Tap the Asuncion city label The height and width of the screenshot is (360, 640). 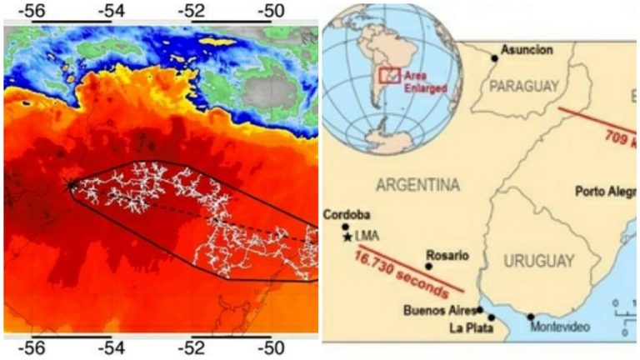pos(527,50)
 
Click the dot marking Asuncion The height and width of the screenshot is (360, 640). pos(495,57)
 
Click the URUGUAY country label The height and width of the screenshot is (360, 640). pos(539,261)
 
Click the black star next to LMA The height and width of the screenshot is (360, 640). pos(347,237)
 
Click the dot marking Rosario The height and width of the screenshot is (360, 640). pos(428,267)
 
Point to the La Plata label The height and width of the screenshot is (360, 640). pos(470,327)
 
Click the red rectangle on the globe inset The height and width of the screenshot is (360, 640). pos(389,76)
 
